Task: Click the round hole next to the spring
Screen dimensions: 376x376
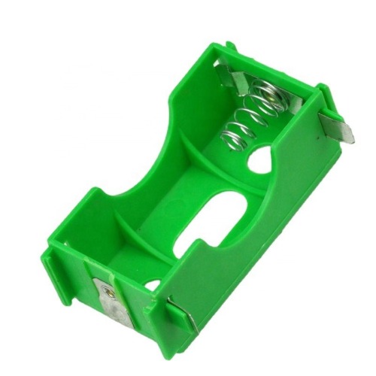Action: (x=260, y=159)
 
